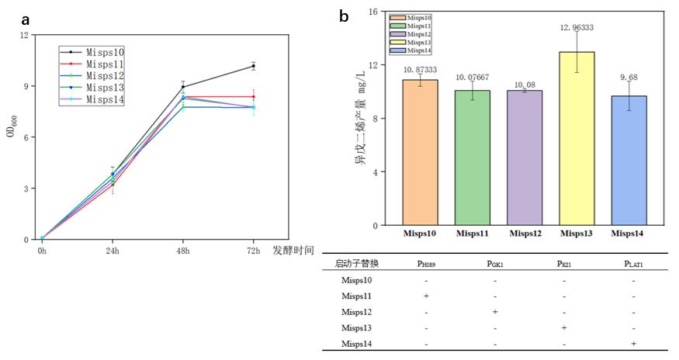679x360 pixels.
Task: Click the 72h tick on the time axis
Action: coord(253,251)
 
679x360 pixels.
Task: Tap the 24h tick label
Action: coord(113,251)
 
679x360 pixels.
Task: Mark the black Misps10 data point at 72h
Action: coord(253,66)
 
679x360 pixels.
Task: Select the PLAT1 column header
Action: coord(633,264)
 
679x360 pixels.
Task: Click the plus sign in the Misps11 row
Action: coord(426,296)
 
